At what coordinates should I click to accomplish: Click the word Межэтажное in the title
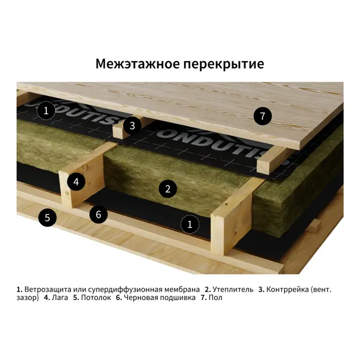point(137,64)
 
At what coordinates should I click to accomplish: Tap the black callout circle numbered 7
point(263,116)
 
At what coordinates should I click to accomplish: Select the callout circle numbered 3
point(132,125)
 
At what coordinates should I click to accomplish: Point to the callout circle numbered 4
point(76,182)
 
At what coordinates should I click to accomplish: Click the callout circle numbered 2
point(168,189)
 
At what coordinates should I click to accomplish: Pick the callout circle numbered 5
point(47,217)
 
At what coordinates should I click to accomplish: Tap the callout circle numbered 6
point(98,214)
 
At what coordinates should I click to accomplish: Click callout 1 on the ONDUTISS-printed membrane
point(46,110)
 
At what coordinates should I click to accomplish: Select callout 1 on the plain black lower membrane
point(190,224)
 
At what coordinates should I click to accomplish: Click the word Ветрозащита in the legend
point(48,290)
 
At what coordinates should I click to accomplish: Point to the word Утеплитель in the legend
point(233,289)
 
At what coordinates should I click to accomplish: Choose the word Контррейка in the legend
point(287,290)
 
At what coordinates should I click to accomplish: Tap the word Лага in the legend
point(60,298)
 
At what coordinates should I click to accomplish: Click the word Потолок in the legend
point(96,298)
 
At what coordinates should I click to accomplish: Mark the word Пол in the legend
point(215,298)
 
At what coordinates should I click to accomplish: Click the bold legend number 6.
point(119,298)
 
